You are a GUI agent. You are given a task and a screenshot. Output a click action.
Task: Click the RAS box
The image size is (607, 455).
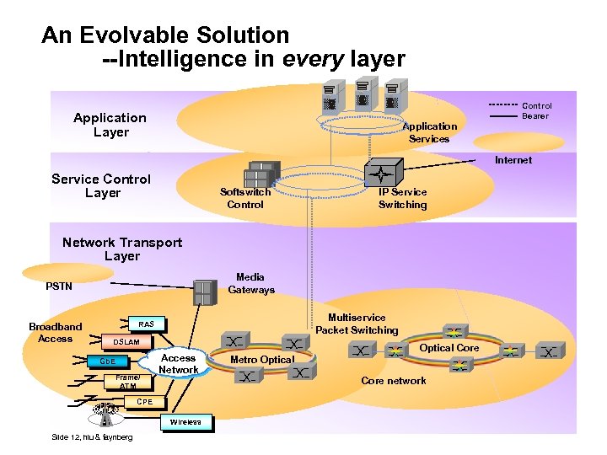point(146,324)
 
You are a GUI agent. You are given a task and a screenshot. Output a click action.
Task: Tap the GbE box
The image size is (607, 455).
point(108,361)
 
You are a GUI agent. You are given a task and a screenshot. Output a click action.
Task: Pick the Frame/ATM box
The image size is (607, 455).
point(128,382)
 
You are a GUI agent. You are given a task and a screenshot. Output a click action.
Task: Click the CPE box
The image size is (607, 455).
point(145,402)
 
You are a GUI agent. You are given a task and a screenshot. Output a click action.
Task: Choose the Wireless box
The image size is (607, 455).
point(185,421)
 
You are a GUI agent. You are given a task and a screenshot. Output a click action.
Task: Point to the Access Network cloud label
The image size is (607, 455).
point(178,364)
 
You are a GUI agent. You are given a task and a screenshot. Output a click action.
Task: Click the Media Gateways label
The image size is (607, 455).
point(250,283)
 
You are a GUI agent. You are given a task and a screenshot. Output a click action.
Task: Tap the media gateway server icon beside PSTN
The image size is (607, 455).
point(204,292)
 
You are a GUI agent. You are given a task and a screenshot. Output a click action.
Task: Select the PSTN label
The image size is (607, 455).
point(59,286)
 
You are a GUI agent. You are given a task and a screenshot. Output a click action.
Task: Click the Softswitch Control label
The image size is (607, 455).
point(245,198)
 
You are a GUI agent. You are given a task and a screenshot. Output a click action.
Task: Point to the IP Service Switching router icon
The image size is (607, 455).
point(382,174)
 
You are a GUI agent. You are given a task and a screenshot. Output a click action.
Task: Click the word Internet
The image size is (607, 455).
point(513,160)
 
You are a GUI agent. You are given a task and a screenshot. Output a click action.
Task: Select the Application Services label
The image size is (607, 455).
point(429,132)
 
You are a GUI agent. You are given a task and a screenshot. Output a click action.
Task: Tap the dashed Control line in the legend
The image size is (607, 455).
point(502,106)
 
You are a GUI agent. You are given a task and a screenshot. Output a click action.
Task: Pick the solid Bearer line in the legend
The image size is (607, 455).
point(502,116)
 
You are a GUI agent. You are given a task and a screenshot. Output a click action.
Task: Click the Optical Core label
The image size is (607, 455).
point(449,348)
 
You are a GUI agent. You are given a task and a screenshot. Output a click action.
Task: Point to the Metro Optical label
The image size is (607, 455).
point(262,360)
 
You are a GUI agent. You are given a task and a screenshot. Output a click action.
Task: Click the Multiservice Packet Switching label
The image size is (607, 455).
point(357,324)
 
